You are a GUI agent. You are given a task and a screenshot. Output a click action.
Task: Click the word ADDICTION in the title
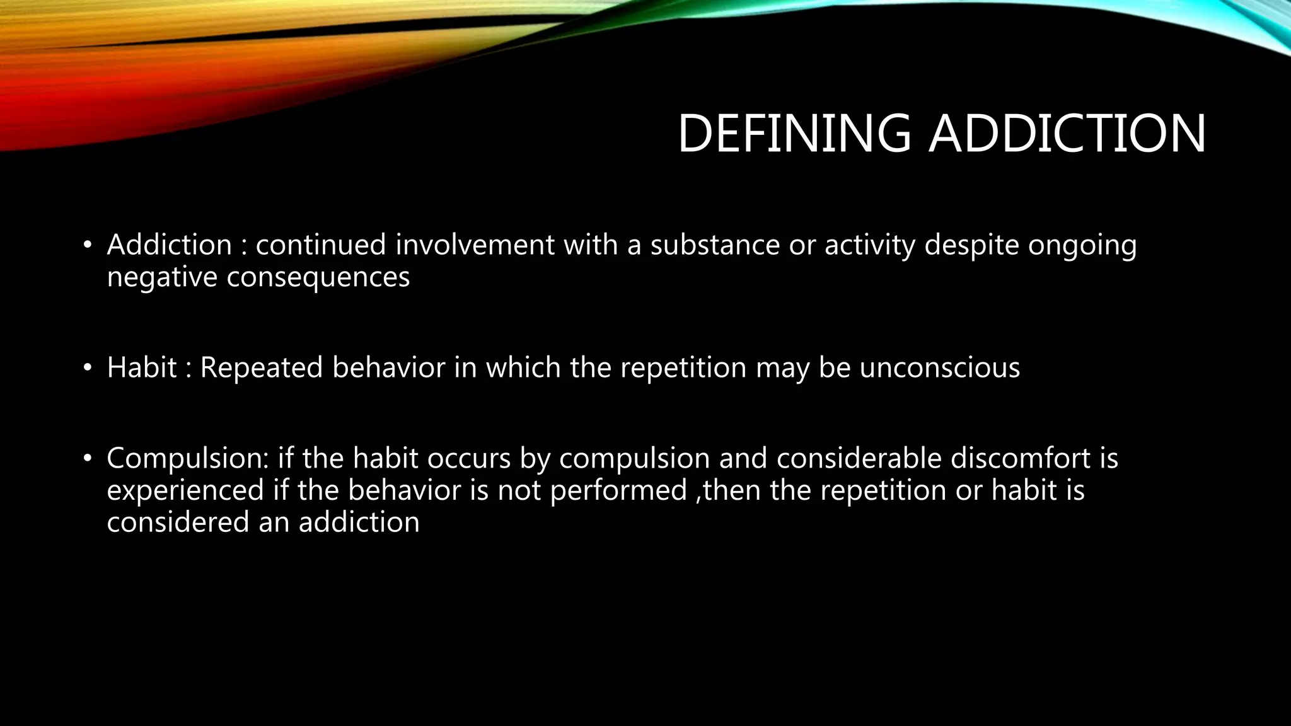tap(1067, 134)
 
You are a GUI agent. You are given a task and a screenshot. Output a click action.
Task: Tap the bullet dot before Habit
tap(88, 368)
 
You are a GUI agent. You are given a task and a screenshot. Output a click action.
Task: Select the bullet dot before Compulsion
tap(88, 458)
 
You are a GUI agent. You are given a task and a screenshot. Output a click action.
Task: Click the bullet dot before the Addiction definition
tap(88, 245)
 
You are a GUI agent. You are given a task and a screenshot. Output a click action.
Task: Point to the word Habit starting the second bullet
tap(142, 367)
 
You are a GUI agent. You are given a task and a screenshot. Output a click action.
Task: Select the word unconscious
tap(939, 367)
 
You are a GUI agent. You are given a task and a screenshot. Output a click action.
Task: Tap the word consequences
tap(318, 277)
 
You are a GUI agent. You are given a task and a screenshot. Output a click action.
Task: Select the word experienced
tap(185, 491)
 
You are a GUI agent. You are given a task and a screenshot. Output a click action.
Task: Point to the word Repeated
tap(261, 367)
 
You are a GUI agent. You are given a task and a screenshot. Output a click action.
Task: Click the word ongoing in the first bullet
tap(1082, 246)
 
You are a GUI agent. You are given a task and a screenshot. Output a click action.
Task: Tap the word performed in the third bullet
tap(618, 491)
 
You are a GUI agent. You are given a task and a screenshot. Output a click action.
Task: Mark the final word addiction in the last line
tap(359, 522)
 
